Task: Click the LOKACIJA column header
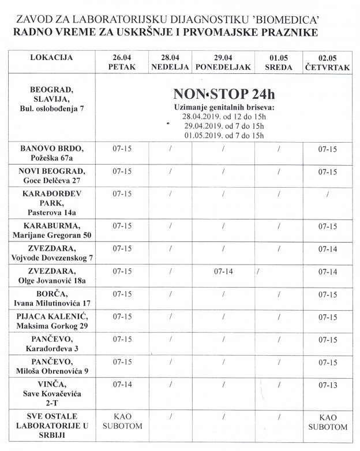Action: tap(51, 58)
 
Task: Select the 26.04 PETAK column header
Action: tap(123, 62)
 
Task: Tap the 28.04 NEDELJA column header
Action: tap(171, 62)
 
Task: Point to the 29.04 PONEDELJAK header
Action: tap(223, 62)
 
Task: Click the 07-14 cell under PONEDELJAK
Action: tap(222, 271)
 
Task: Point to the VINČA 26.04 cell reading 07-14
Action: tap(123, 383)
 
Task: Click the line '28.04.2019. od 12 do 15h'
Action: tap(219, 117)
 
